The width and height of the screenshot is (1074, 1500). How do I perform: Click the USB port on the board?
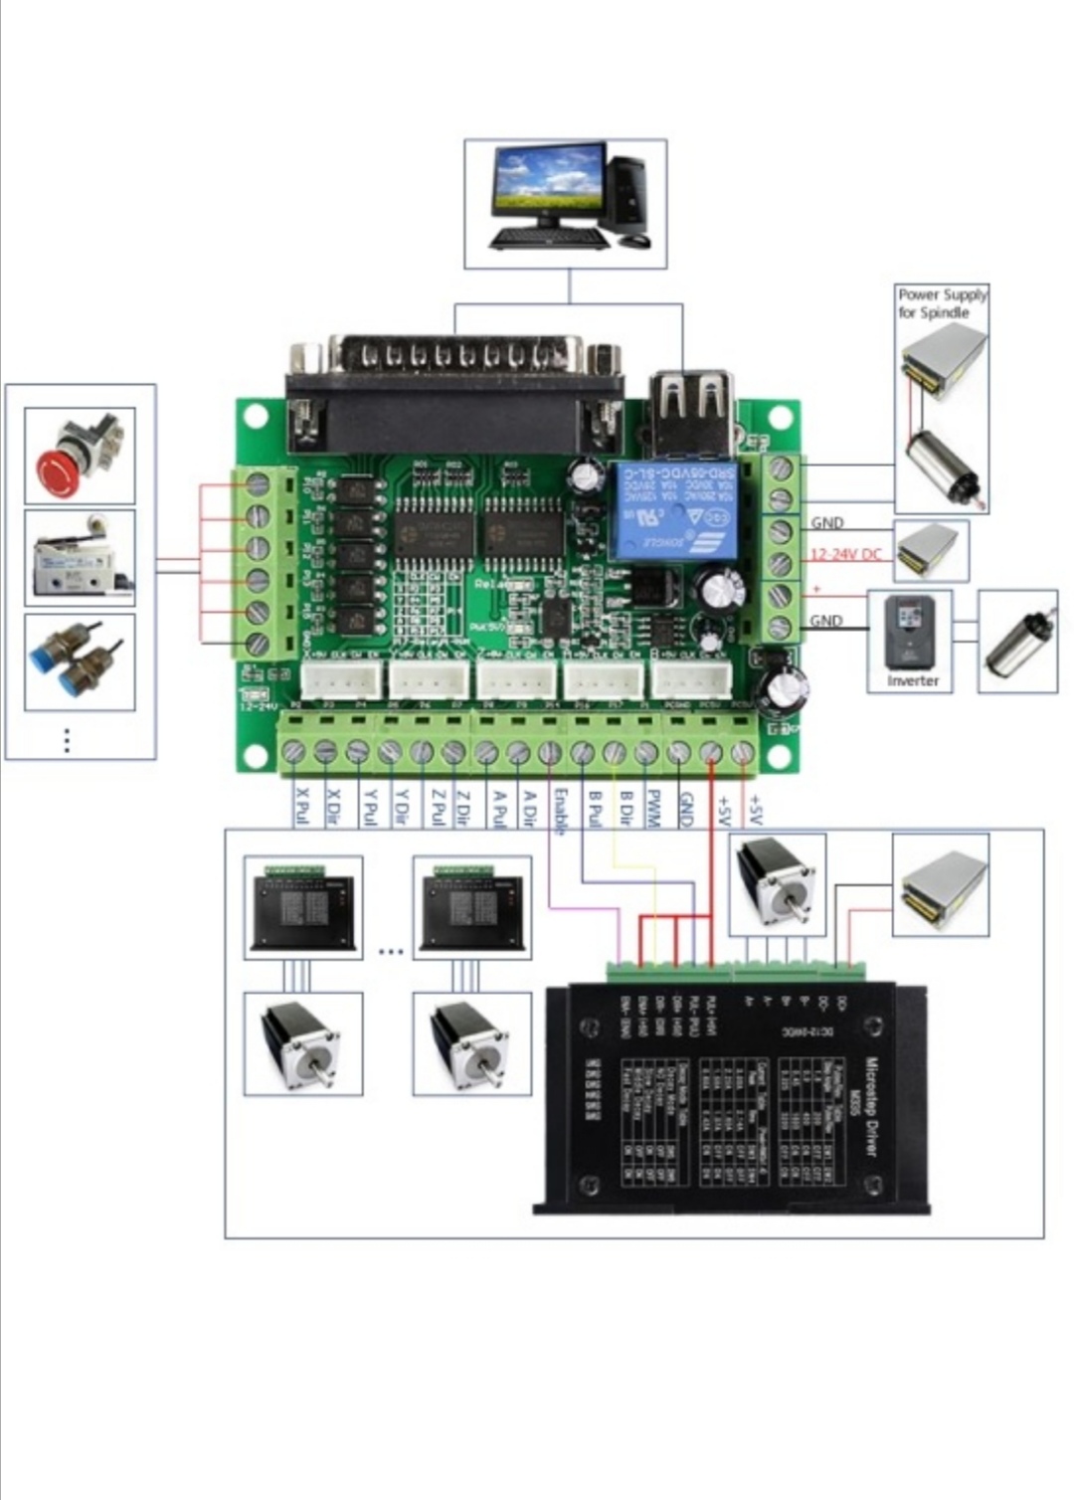point(692,409)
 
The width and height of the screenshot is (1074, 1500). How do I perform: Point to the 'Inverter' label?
point(912,680)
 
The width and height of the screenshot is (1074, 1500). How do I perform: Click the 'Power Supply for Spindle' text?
point(942,303)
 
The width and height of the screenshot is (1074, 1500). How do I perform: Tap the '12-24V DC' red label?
point(845,554)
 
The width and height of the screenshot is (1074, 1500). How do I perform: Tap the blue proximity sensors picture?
point(80,661)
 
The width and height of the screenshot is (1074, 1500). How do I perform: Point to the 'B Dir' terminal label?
point(625,809)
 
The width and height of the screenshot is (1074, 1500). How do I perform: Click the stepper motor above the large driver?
point(778,884)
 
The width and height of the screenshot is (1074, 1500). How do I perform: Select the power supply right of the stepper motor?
point(940,884)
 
